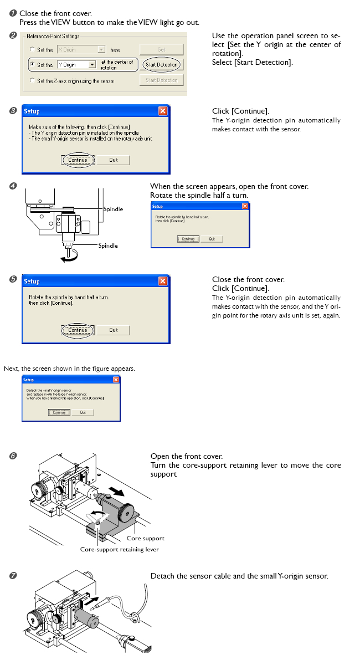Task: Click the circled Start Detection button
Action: pyautogui.click(x=161, y=65)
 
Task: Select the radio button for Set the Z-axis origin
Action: pyautogui.click(x=33, y=81)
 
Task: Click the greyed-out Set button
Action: pyautogui.click(x=161, y=49)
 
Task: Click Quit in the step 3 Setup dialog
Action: pyautogui.click(x=113, y=160)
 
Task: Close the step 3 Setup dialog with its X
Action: pyautogui.click(x=162, y=111)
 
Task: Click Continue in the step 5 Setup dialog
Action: pyautogui.click(x=78, y=330)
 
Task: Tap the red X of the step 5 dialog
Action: pyautogui.click(x=162, y=282)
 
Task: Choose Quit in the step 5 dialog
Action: pyautogui.click(x=113, y=330)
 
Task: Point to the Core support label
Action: pyautogui.click(x=145, y=538)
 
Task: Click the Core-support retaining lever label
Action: pyautogui.click(x=119, y=550)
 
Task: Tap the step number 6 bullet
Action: pyautogui.click(x=13, y=456)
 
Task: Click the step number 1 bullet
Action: pyautogui.click(x=13, y=13)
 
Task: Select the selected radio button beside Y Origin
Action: pyautogui.click(x=33, y=65)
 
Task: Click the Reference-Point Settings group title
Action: pyautogui.click(x=53, y=37)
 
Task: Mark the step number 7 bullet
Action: pyautogui.click(x=13, y=576)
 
